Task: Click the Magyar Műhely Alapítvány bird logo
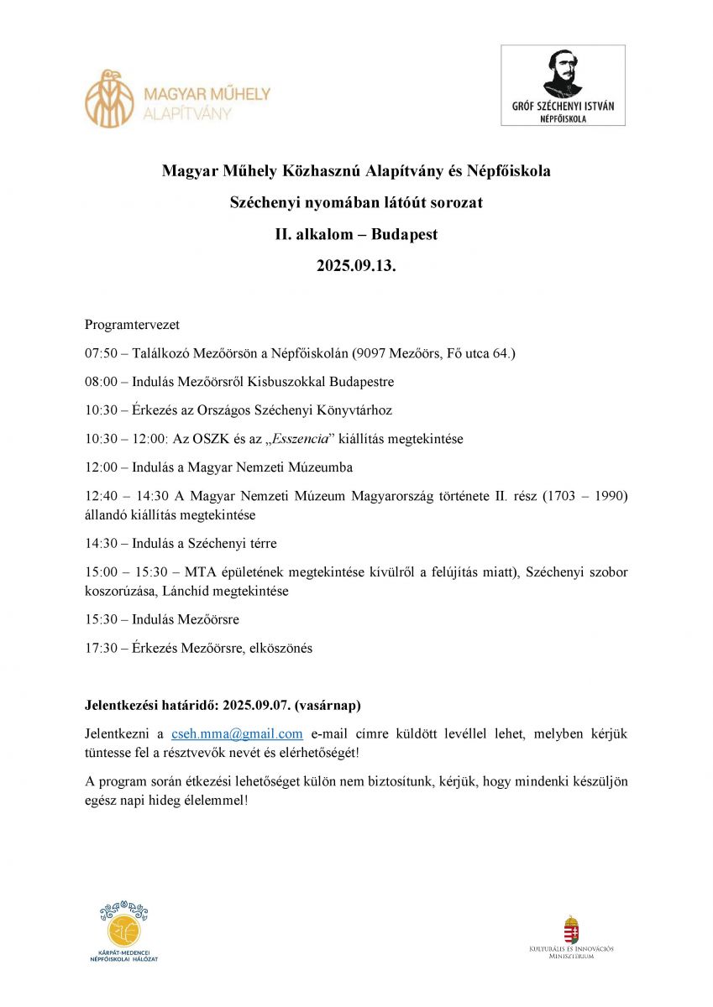[109, 98]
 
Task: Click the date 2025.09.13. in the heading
[356, 267]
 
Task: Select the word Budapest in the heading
[405, 235]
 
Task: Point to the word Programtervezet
[132, 324]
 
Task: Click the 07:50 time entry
[101, 353]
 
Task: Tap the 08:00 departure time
[101, 382]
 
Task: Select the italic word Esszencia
[296, 439]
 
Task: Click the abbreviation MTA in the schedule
[200, 572]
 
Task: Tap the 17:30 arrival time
[101, 648]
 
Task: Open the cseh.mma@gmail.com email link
[237, 733]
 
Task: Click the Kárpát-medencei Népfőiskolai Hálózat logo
[123, 931]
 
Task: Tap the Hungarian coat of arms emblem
[571, 930]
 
